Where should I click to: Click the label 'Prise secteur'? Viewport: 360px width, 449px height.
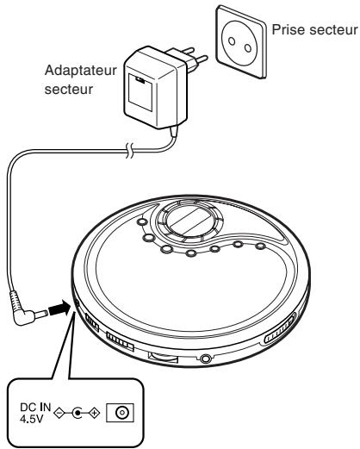[313, 29]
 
